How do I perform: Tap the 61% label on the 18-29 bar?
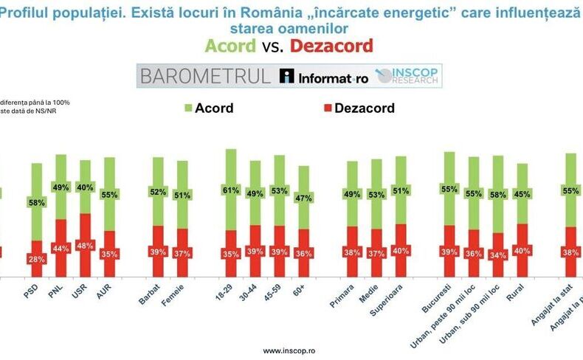tap(230, 190)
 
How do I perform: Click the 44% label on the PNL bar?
tap(61, 249)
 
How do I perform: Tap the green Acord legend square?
tap(187, 108)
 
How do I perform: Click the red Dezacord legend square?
tap(325, 108)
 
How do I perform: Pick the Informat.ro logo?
tap(323, 75)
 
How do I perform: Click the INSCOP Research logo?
tap(407, 75)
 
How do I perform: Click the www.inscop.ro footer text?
tap(291, 350)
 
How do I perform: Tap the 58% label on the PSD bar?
tap(36, 202)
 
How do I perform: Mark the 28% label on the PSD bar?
tap(36, 259)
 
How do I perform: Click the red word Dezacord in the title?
tap(331, 46)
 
